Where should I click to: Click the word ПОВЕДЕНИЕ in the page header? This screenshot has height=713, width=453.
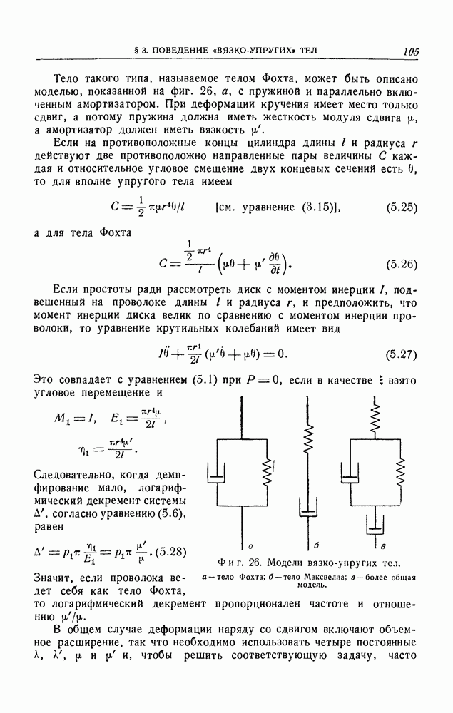pyautogui.click(x=198, y=51)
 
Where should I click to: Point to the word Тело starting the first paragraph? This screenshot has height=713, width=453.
pyautogui.click(x=67, y=78)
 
